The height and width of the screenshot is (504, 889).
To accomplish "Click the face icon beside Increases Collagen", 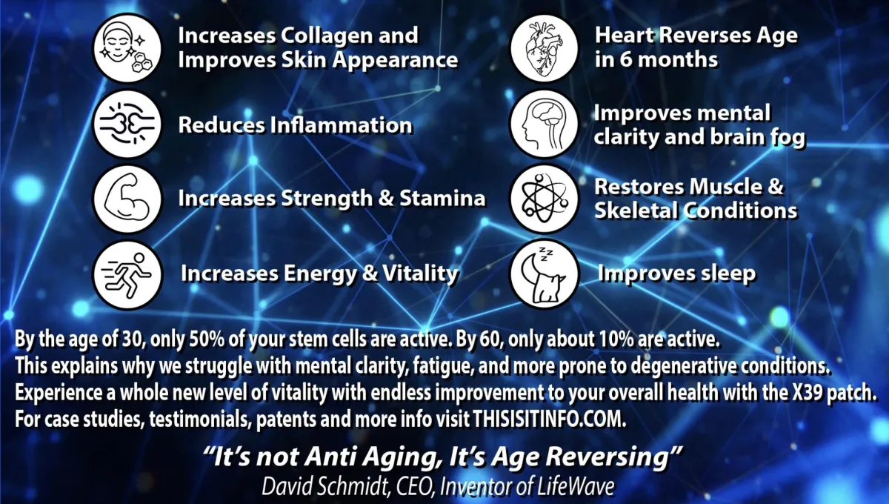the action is (x=127, y=48).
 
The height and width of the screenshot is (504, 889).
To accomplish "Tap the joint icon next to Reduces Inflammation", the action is (x=127, y=124).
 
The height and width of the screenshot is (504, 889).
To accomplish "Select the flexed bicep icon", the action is (x=127, y=199).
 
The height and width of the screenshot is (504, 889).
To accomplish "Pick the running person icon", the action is (x=127, y=274).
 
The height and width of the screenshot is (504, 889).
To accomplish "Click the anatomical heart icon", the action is (x=544, y=48).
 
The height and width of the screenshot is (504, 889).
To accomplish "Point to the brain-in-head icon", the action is (x=544, y=124).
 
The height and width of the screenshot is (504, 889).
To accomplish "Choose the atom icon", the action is (x=544, y=199).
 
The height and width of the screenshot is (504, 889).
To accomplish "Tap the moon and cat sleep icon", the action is (x=544, y=274).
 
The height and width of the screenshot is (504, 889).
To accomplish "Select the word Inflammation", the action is (x=342, y=125).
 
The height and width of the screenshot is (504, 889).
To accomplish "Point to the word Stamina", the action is (x=442, y=198).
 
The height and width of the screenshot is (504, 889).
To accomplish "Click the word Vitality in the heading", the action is (x=420, y=274).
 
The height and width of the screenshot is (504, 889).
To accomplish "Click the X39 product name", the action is (x=807, y=393).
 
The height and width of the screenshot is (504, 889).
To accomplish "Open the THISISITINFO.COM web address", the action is (x=550, y=420).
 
